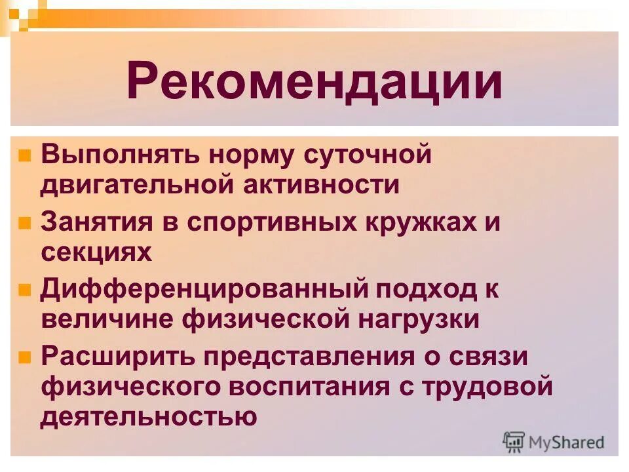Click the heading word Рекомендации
(x=314, y=81)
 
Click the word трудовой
(x=486, y=387)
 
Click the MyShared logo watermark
(x=554, y=442)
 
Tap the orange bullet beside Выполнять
(x=24, y=156)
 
